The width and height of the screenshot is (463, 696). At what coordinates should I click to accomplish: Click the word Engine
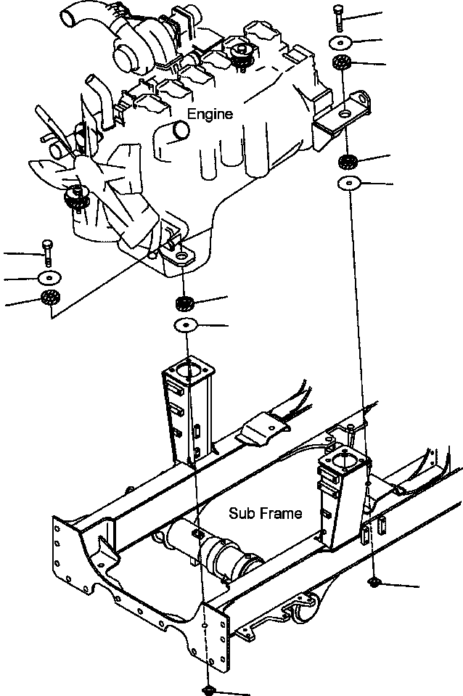coord(210,114)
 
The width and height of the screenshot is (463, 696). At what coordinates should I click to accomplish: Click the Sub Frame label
coord(265,513)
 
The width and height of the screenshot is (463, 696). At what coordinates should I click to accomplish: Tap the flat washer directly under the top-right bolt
coord(340,41)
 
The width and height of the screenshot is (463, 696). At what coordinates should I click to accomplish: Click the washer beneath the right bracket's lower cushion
coord(349,182)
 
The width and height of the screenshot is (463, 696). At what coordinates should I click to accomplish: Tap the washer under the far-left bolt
coord(49,277)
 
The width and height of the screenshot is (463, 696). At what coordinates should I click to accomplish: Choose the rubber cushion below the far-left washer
coord(49,298)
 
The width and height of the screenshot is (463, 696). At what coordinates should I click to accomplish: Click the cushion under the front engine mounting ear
coord(184,303)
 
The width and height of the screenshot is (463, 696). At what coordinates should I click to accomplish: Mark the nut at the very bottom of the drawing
coord(206,690)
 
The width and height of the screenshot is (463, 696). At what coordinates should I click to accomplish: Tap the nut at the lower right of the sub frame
coord(374,582)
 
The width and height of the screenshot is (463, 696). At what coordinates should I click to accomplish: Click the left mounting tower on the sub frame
coord(187,410)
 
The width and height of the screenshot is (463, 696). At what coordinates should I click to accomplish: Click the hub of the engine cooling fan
coord(76,196)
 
